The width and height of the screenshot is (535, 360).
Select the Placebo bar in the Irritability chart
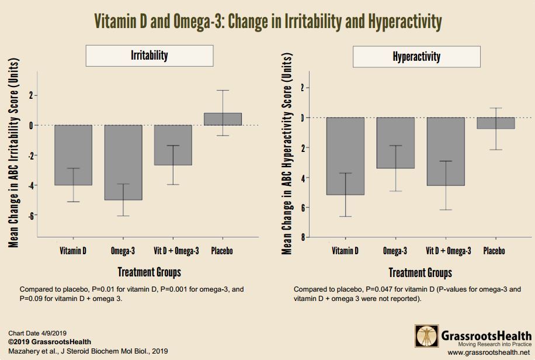pos(223,119)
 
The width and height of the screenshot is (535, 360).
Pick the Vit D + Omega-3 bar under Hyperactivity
pos(446,151)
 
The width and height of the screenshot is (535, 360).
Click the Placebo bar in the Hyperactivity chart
pos(496,123)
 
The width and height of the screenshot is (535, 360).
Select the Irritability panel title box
pos(149,56)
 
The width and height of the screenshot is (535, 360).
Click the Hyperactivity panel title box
pos(416,57)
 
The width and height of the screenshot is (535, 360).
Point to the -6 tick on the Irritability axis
pos(30,216)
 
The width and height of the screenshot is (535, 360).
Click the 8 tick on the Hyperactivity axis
pos(302,237)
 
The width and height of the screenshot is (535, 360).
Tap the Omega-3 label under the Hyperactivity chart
pos(395,251)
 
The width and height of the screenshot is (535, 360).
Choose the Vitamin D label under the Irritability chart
pos(73,251)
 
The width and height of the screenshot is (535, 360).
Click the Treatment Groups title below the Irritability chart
pos(149,272)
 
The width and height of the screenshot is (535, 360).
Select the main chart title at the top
pos(267,22)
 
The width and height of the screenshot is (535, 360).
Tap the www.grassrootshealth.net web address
pos(488,353)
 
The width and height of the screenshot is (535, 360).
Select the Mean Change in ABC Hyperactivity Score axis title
pos(287,155)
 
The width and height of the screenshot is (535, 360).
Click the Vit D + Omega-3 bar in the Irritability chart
pos(173,145)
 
